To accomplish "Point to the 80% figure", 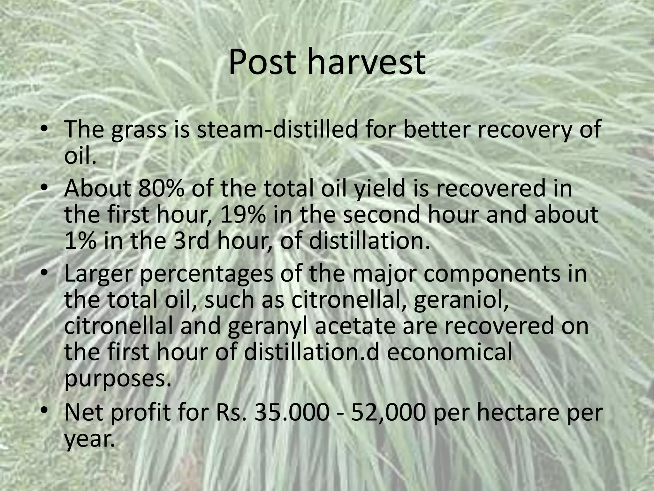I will pyautogui.click(x=161, y=189).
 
